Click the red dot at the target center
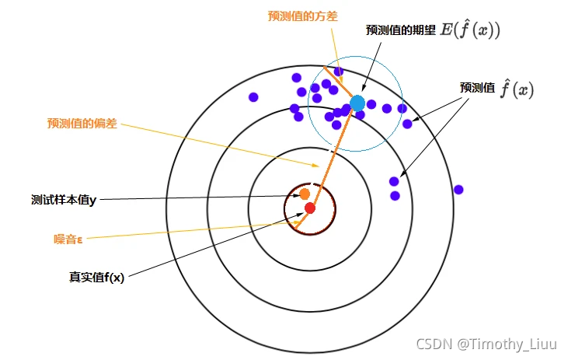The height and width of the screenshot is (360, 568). pos(310,208)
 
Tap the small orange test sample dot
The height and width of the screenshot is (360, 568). pos(305,194)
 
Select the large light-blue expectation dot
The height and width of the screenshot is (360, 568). pos(357,103)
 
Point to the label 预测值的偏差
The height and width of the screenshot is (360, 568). pos(82,123)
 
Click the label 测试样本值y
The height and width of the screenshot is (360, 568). pos(64,199)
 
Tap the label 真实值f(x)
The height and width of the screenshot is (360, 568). pos(97,276)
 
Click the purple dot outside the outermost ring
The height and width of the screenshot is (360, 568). pos(458,190)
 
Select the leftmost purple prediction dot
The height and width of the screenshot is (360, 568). pos(253,97)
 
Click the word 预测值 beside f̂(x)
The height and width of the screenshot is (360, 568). pos(477,89)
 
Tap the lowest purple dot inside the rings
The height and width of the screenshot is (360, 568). pos(395,196)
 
